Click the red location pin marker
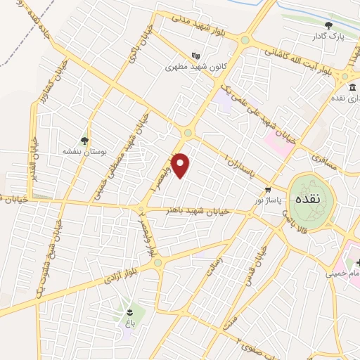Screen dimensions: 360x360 click(181, 165)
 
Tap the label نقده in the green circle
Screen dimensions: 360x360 click(309, 199)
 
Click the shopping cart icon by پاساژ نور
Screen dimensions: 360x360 click(268, 190)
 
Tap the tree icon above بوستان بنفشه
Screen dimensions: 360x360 click(84, 140)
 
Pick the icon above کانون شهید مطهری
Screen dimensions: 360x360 click(195, 56)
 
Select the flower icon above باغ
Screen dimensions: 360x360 click(129, 311)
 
